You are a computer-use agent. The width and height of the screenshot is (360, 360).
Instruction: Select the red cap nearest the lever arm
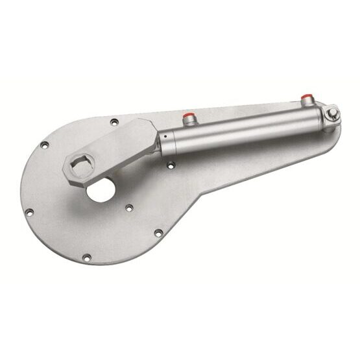(x=189, y=117)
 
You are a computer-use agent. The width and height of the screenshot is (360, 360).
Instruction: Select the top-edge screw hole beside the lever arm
(x=114, y=121)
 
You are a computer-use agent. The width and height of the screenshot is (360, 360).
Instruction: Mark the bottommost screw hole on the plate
(x=157, y=231)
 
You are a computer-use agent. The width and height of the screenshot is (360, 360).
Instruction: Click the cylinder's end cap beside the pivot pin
(x=318, y=120)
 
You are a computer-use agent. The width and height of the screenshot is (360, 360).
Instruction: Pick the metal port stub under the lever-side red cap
(x=189, y=123)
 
